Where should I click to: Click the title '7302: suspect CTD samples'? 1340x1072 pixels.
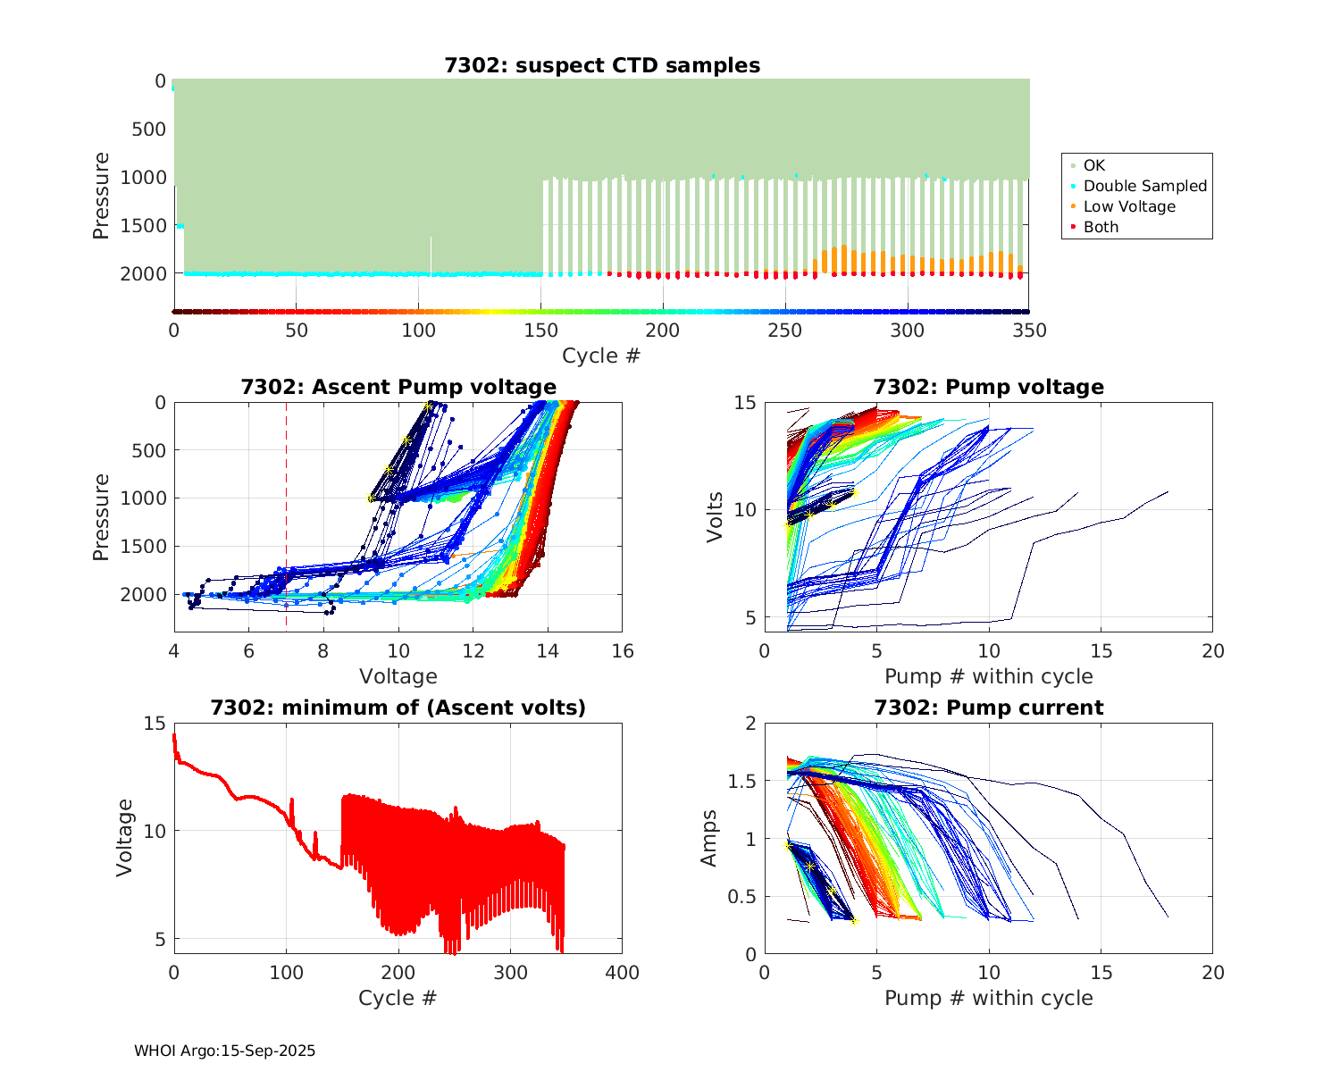coord(602,65)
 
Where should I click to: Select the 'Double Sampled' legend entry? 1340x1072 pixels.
coord(1144,186)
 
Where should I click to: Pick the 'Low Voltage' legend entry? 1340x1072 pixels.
coord(1129,206)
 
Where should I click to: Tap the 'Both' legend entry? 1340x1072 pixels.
coord(1101,227)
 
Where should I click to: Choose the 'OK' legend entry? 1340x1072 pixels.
coord(1093,165)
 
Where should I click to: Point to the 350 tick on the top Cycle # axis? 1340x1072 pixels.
coord(1029,331)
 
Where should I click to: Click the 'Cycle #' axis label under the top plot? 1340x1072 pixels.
coord(601,356)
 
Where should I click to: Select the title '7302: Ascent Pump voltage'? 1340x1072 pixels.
coord(398,387)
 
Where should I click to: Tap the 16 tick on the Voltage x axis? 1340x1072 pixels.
coord(623,651)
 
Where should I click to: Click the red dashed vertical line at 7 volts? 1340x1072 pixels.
coord(287,518)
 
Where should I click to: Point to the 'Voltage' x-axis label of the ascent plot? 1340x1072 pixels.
coord(398,676)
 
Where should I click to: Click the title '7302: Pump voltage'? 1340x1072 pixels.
coord(988,387)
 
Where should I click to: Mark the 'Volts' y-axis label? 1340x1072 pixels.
coord(715,516)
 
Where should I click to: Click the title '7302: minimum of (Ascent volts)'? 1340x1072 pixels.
coord(398,708)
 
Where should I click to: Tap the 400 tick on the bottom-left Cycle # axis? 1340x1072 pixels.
coord(622,973)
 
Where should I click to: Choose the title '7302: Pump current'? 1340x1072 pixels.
coord(988,708)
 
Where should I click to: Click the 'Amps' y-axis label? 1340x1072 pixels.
coord(709,838)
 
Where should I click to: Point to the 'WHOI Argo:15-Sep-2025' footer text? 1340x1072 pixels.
coord(224,1051)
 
